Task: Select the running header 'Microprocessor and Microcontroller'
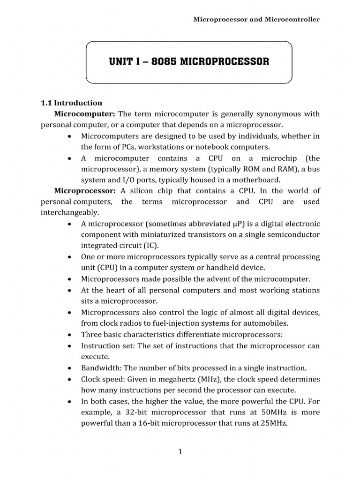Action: [257, 19]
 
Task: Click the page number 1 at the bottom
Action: [180, 451]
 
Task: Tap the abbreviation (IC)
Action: [150, 246]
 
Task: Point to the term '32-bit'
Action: [140, 412]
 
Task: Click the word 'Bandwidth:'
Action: [100, 367]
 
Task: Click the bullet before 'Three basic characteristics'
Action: [70, 335]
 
